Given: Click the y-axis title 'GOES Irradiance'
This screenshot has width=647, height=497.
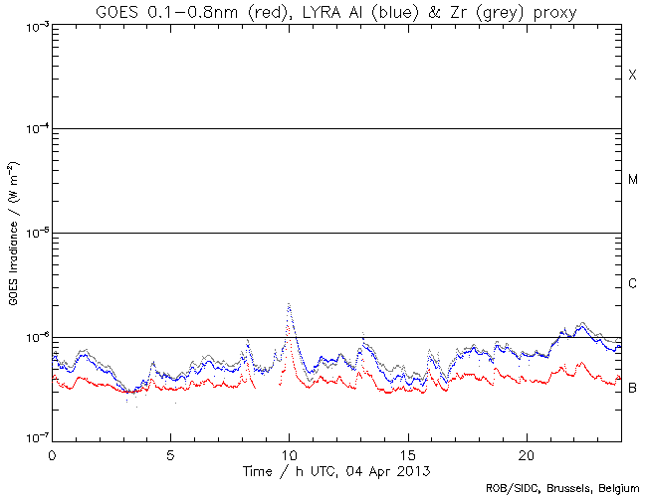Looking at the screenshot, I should coord(13,233).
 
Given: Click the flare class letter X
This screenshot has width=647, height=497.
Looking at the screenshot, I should coord(632,76).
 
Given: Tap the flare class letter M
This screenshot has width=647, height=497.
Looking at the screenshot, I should coord(632,180).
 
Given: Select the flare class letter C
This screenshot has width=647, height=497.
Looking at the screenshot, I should coord(632,284).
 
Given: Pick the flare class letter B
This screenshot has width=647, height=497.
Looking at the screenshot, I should coord(632,387).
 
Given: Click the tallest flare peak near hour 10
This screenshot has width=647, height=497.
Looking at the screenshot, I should coord(289,304).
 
